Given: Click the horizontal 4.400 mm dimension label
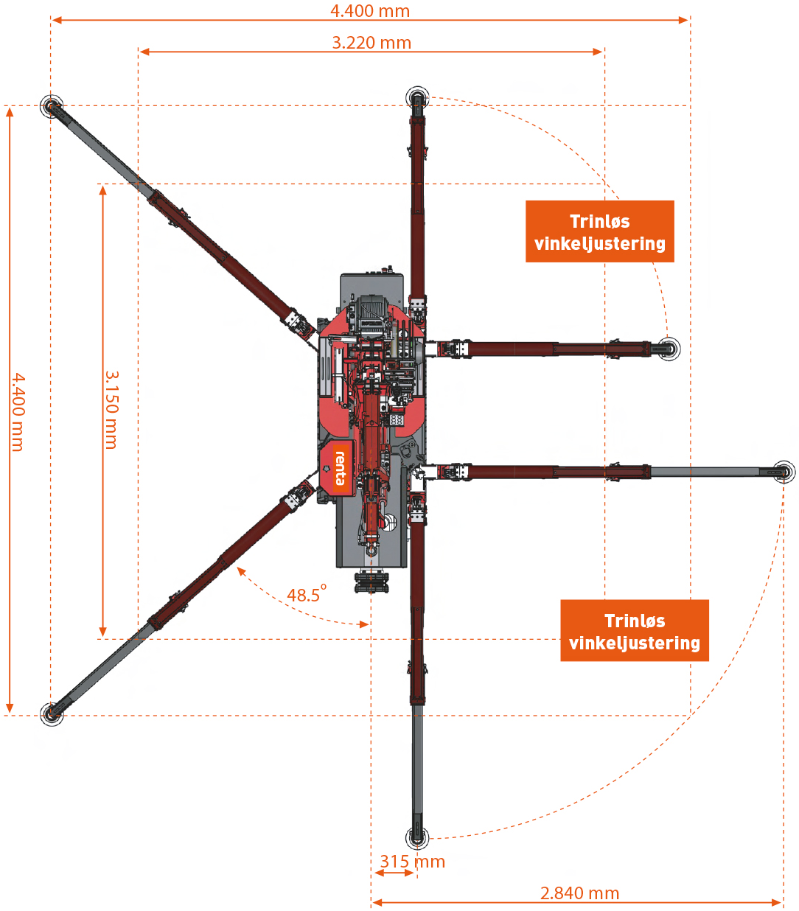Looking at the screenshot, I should point(370,11).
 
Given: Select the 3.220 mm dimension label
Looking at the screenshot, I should point(371,43).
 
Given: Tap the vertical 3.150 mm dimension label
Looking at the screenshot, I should point(111,410).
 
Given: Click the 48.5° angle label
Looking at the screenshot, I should point(306,594).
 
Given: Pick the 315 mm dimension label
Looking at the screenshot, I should point(412,862).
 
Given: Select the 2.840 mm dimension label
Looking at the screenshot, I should point(579,893).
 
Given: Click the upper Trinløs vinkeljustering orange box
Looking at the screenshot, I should point(599,231).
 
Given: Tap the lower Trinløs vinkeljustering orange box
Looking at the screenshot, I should point(634,631).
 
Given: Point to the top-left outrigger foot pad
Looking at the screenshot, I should point(52,106).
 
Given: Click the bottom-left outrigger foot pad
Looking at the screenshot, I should point(52,713).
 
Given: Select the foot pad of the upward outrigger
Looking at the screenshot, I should point(417,98).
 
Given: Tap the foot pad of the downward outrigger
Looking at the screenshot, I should point(417,838).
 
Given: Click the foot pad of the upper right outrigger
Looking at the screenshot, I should point(669,349).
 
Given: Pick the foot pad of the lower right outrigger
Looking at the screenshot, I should point(784,472).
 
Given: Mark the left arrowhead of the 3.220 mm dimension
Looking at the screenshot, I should point(144,52).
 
